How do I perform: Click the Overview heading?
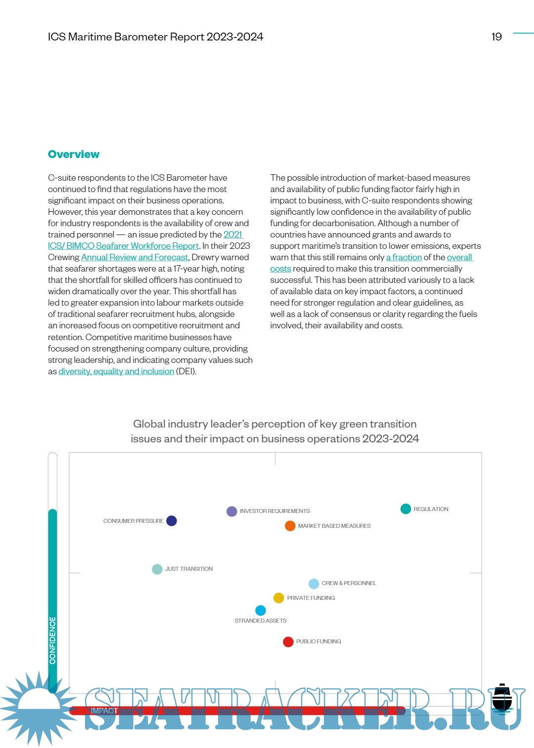(x=74, y=155)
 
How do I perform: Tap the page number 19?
(x=496, y=37)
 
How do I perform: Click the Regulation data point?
(x=405, y=509)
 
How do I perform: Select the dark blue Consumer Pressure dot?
(x=172, y=521)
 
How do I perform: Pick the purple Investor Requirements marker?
(x=231, y=511)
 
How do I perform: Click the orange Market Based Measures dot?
(x=290, y=526)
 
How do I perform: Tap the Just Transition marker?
(x=157, y=569)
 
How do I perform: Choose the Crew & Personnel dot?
(x=313, y=584)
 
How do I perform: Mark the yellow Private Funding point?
(x=279, y=598)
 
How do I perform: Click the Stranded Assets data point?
(x=261, y=610)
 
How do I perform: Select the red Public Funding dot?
(x=288, y=641)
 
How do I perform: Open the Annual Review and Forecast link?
(x=134, y=257)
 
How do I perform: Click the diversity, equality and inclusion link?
(x=116, y=371)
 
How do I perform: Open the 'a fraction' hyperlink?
(x=404, y=257)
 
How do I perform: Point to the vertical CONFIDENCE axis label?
(x=53, y=640)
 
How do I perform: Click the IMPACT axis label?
(x=104, y=710)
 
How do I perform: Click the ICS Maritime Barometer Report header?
(x=155, y=37)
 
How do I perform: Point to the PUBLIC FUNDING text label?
(x=318, y=641)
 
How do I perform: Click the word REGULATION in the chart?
(x=431, y=509)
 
